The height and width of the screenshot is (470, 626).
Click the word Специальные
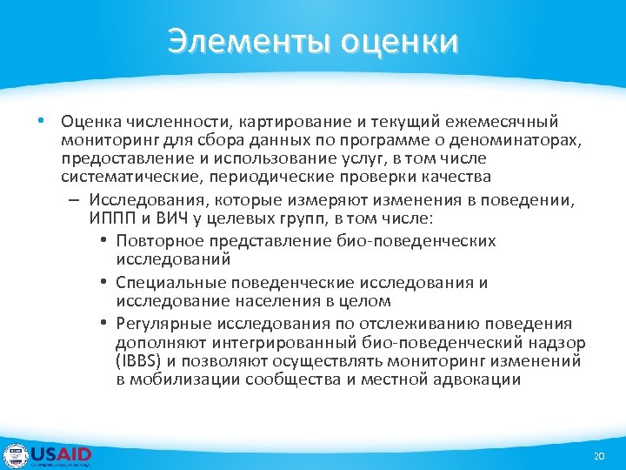click(x=165, y=283)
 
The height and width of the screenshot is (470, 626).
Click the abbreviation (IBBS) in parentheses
click(x=137, y=361)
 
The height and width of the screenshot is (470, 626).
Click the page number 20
click(x=597, y=457)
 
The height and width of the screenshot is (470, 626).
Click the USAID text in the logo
click(x=61, y=453)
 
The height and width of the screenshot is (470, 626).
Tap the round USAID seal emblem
click(x=16, y=456)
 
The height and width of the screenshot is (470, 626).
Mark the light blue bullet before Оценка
click(x=41, y=121)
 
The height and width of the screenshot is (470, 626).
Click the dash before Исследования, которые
click(x=71, y=199)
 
